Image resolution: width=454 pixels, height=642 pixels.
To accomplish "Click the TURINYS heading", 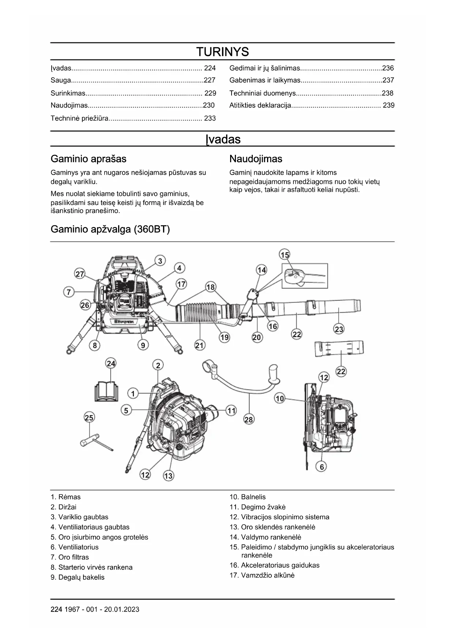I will tap(222, 52).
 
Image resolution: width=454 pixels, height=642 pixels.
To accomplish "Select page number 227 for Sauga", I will tap(209, 80).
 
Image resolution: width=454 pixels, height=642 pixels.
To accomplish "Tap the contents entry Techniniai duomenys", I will tap(262, 93).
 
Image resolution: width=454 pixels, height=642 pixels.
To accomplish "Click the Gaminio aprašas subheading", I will tap(89, 159).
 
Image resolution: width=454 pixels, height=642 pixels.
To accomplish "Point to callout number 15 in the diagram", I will tap(285, 255).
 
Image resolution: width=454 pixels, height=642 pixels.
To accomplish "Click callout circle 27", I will tap(80, 274).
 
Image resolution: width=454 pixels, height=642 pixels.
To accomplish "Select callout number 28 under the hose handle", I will tap(248, 419).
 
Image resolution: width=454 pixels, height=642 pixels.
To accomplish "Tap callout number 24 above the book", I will tap(111, 363).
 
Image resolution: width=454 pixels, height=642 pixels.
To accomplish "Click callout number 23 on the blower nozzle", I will tap(339, 329).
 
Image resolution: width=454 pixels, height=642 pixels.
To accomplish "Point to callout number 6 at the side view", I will tap(322, 467).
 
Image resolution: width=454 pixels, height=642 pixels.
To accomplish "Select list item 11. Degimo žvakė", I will tap(263, 507).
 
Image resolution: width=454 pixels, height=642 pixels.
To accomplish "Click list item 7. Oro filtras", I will tap(70, 557).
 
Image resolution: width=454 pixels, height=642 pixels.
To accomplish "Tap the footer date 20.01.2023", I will tap(121, 609).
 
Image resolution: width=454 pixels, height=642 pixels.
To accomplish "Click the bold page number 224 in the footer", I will tap(56, 609).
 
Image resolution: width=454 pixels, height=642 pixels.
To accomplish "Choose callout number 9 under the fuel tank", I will tap(143, 345).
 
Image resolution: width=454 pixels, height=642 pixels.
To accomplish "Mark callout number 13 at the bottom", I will tap(168, 476).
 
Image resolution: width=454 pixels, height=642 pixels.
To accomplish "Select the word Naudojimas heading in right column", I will tap(256, 159).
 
